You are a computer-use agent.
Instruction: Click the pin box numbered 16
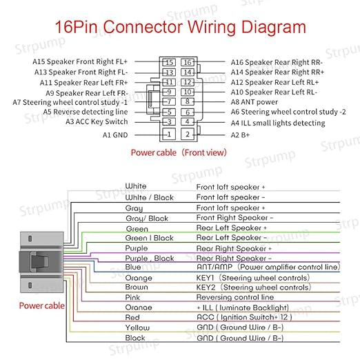pyautogui.click(x=188, y=62)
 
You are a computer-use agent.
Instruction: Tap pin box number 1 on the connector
pyautogui.click(x=169, y=134)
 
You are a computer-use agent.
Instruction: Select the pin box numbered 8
pyautogui.click(x=188, y=101)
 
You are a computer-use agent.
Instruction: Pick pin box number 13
pyautogui.click(x=169, y=72)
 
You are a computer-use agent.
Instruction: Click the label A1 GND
pyautogui.click(x=115, y=135)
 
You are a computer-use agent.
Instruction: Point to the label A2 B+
pyautogui.click(x=240, y=135)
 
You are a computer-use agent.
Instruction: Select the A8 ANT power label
pyautogui.click(x=254, y=102)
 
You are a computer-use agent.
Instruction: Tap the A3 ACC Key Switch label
pyautogui.click(x=97, y=121)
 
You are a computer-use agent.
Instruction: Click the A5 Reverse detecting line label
pyautogui.click(x=86, y=112)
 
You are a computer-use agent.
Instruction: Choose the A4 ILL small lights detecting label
pyautogui.click(x=278, y=123)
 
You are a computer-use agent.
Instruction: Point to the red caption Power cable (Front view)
pyautogui.click(x=179, y=152)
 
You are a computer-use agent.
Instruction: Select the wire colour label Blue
pyautogui.click(x=133, y=267)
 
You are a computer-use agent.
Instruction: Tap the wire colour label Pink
pyautogui.click(x=132, y=297)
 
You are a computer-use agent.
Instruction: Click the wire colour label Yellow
pyautogui.click(x=137, y=328)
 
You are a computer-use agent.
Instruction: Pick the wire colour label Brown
pyautogui.click(x=137, y=287)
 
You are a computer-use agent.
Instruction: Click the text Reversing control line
pyautogui.click(x=235, y=297)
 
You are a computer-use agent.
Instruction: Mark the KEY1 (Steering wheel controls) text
pyautogui.click(x=253, y=278)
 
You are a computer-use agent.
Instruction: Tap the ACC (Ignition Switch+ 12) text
pyautogui.click(x=244, y=317)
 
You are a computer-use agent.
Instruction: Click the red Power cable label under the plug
pyautogui.click(x=42, y=306)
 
